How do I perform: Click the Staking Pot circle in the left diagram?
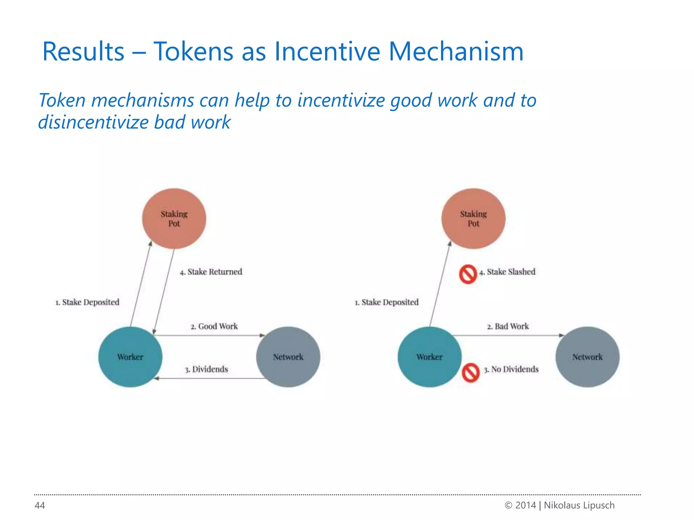(174, 219)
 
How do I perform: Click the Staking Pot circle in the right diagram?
(473, 219)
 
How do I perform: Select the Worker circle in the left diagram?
(130, 357)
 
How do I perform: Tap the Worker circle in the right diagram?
(429, 357)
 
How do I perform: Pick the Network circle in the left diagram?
(288, 357)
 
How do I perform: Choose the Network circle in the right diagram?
(587, 357)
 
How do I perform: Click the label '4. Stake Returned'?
(211, 272)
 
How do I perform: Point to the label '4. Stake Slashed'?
(507, 272)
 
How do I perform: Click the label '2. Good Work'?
(214, 326)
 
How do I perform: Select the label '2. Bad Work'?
(508, 326)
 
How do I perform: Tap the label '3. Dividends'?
(206, 369)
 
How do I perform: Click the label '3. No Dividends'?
(511, 369)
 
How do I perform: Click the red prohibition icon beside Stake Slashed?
(468, 274)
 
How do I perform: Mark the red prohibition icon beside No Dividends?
(471, 373)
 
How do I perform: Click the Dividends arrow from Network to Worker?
(210, 378)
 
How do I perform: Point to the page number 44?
(40, 505)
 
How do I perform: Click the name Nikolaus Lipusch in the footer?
(579, 505)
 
